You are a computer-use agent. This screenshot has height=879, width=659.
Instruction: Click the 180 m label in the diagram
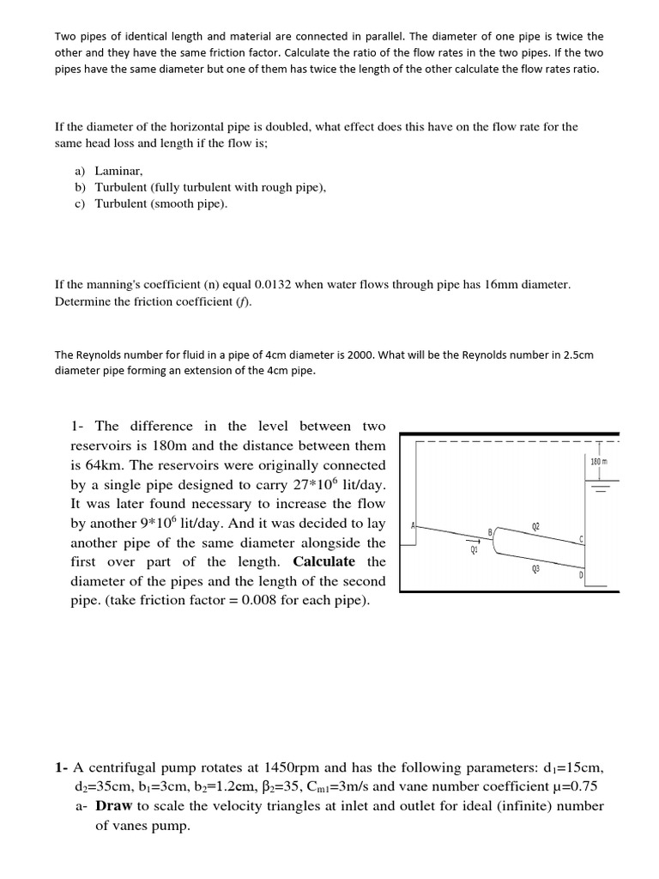599,462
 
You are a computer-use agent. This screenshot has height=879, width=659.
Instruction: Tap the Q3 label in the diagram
536,567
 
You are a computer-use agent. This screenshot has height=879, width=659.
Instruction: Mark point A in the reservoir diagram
414,525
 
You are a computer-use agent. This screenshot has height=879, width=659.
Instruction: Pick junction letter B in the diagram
490,532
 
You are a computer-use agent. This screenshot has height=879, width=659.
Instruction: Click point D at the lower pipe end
582,574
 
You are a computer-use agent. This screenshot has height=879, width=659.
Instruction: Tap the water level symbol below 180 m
598,487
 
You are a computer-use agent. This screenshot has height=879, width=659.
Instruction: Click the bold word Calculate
323,561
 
